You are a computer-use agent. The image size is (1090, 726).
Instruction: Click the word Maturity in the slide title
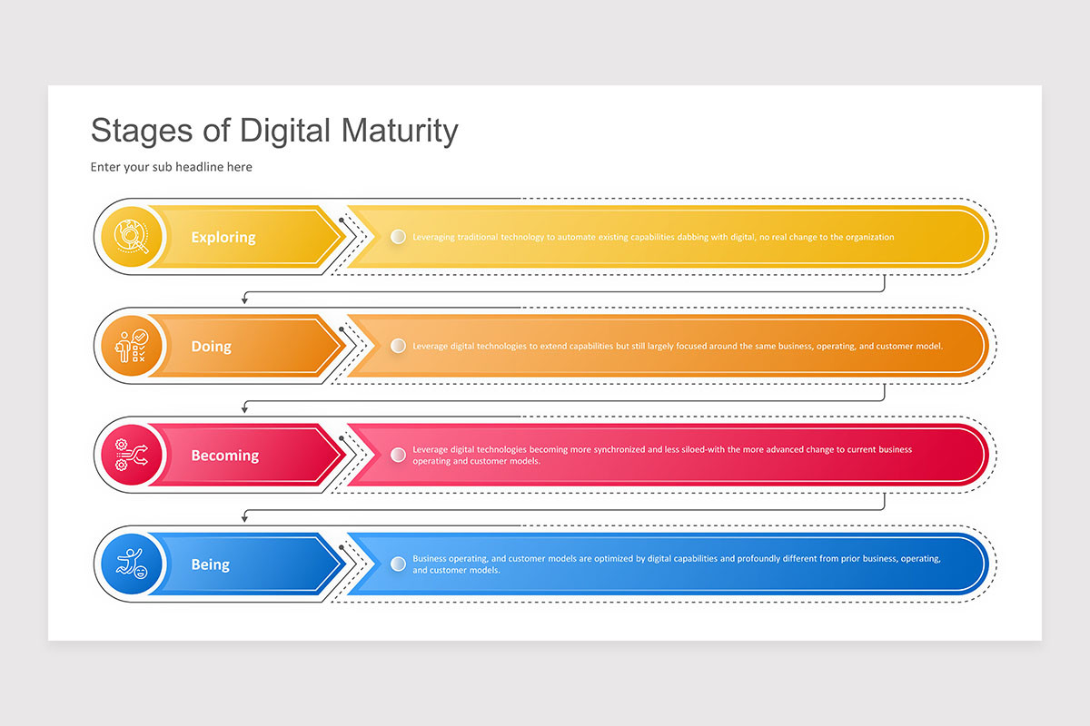coord(400,131)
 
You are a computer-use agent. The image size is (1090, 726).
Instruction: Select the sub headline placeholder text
coord(171,167)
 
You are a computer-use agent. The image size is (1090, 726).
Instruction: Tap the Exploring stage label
coord(223,238)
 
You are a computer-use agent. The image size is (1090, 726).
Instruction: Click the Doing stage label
coord(211,347)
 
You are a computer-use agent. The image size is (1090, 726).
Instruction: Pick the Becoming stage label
coord(224,456)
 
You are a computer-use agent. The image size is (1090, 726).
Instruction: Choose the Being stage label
coord(210,564)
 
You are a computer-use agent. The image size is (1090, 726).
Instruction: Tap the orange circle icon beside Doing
coord(132,347)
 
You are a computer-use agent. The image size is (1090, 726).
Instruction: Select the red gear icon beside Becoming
coord(132,456)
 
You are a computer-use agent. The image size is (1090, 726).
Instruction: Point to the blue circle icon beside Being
coord(132,564)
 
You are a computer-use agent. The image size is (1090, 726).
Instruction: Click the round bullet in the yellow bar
coord(398,237)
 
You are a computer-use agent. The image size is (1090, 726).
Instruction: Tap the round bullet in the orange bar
coord(398,346)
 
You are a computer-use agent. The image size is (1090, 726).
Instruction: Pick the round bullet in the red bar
coord(398,455)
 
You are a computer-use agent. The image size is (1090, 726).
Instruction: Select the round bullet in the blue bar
coord(398,564)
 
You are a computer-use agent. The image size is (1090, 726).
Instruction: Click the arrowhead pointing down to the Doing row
coord(244,300)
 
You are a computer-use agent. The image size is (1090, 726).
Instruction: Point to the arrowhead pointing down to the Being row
coord(244,518)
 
